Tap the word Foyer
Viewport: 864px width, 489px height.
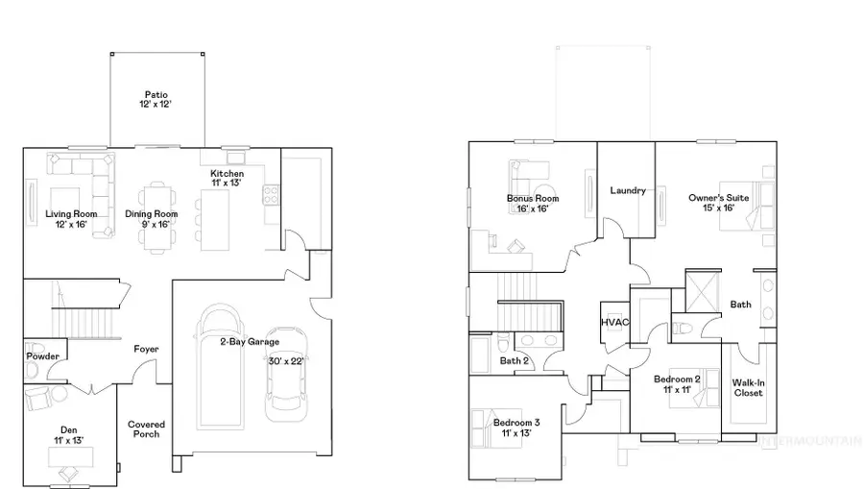146,349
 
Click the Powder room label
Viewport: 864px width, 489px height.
43,356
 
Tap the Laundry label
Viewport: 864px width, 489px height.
627,190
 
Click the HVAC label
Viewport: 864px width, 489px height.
613,322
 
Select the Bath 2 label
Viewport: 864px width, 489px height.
514,361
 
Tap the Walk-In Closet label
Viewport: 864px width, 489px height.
748,388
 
